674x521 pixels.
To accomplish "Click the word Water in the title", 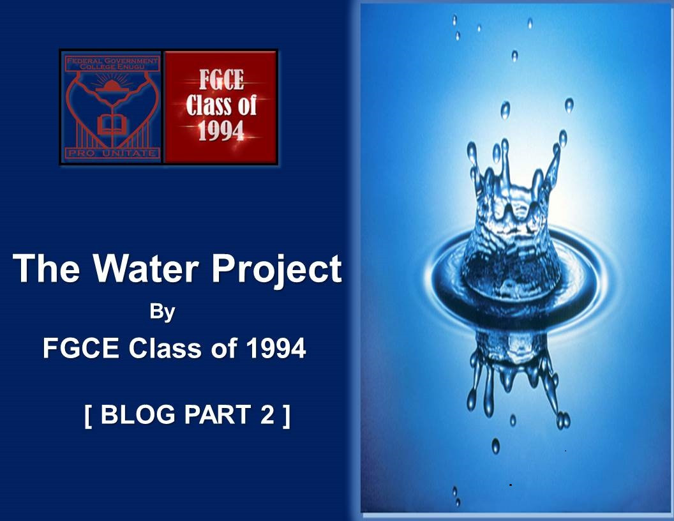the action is pyautogui.click(x=146, y=268).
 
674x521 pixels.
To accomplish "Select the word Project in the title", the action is pyautogui.click(x=276, y=270).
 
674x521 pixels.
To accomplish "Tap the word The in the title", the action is pyautogui.click(x=46, y=268).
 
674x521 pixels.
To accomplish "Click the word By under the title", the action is pyautogui.click(x=162, y=312).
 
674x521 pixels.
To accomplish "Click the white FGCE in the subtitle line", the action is pyautogui.click(x=81, y=348).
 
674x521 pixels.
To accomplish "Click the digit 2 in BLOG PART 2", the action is pyautogui.click(x=267, y=414).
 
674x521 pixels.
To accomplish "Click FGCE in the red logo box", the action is pyautogui.click(x=221, y=80).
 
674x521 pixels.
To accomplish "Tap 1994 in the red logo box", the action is pyautogui.click(x=221, y=131).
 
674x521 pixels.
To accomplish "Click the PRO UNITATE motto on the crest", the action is pyautogui.click(x=112, y=153).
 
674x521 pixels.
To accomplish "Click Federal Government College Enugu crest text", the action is pyautogui.click(x=112, y=64).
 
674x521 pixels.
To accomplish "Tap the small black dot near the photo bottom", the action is pyautogui.click(x=510, y=485).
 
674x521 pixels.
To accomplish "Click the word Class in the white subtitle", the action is pyautogui.click(x=165, y=348).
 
